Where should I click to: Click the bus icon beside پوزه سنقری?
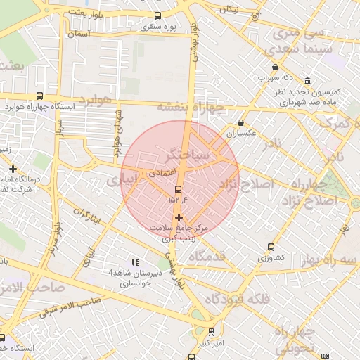(x=157, y=15)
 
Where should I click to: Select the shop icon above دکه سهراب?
(x=275, y=67)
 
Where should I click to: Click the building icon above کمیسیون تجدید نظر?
(x=308, y=80)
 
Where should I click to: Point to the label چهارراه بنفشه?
(x=190, y=106)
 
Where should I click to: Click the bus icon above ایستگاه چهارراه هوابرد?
(x=39, y=96)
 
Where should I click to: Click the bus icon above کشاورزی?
(x=271, y=247)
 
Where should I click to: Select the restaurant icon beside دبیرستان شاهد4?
(x=135, y=262)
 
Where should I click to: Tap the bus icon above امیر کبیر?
(x=211, y=332)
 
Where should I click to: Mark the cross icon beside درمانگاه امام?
(x=13, y=169)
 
